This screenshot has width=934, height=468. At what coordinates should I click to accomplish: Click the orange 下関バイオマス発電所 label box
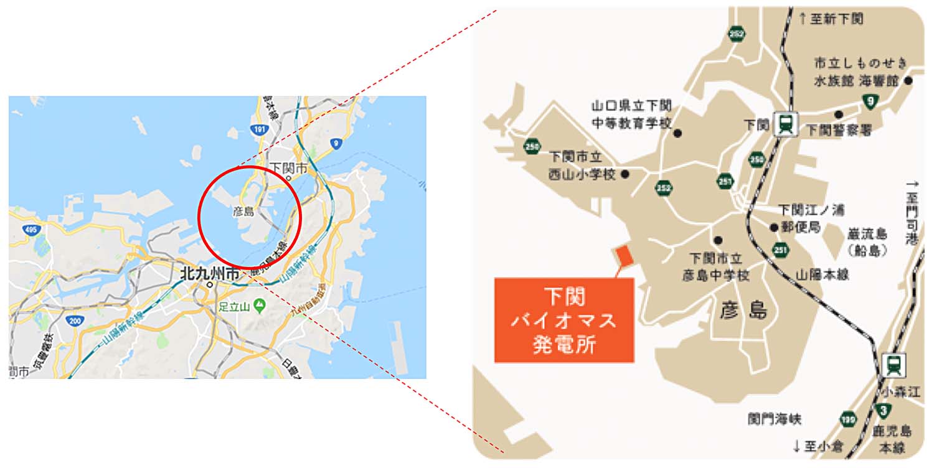click(x=564, y=320)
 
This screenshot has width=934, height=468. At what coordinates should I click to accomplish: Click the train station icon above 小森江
click(x=894, y=365)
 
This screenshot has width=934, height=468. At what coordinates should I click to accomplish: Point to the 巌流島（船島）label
click(x=866, y=241)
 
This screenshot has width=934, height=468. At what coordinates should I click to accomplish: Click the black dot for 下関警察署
click(x=839, y=115)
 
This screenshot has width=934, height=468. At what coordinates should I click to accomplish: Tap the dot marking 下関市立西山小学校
click(x=625, y=174)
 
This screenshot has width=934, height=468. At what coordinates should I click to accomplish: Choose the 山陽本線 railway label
click(x=822, y=274)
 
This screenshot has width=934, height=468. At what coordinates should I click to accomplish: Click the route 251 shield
click(x=781, y=250)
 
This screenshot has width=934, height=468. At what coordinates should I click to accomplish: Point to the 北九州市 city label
click(x=209, y=273)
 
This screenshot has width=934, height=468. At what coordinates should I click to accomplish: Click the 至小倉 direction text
click(x=816, y=446)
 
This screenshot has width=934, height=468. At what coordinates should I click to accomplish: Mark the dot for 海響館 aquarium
click(x=908, y=80)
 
